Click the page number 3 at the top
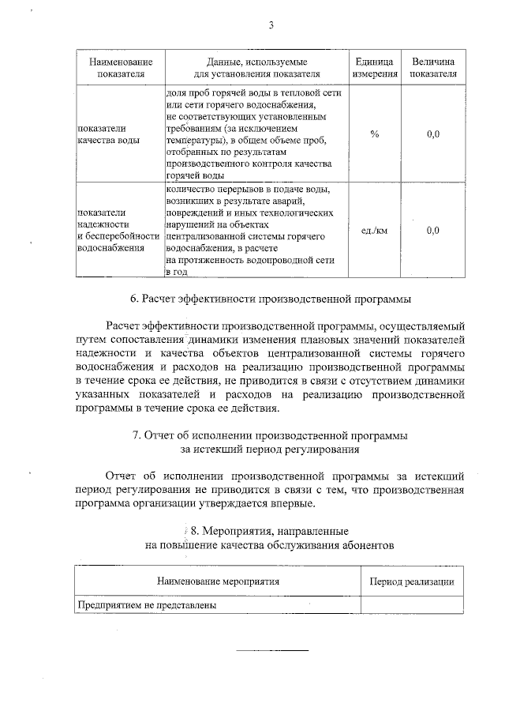(271, 24)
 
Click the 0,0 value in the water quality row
(433, 134)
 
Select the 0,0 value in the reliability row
(433, 231)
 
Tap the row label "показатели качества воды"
(103, 134)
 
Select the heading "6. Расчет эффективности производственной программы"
(271, 299)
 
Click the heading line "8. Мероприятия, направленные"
(271, 530)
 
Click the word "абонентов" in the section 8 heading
(362, 545)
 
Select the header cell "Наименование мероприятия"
(219, 581)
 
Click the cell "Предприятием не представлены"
(146, 605)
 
